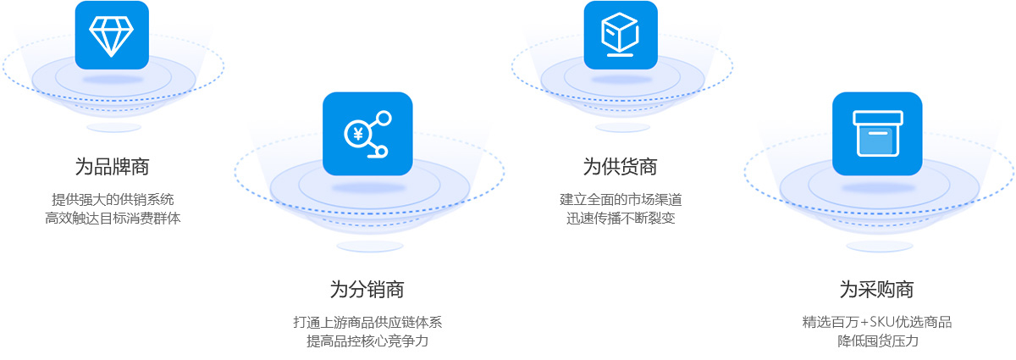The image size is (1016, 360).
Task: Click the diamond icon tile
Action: tap(112, 35)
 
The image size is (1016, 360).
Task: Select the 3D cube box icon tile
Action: tap(621, 35)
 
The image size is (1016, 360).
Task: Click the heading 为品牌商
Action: tap(112, 167)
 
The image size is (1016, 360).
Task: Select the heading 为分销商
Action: tap(367, 289)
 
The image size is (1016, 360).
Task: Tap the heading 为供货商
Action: tap(620, 167)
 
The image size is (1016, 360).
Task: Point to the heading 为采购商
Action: tap(876, 289)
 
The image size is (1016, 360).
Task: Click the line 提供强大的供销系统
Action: tap(113, 200)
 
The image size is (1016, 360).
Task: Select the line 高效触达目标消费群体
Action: tap(113, 219)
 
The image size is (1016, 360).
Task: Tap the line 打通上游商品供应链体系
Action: tap(367, 322)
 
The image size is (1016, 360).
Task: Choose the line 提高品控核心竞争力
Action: tap(367, 341)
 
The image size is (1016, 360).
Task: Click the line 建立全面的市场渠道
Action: tap(621, 200)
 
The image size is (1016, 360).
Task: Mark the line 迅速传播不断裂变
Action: tap(621, 219)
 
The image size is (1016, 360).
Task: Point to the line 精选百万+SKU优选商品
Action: tap(877, 322)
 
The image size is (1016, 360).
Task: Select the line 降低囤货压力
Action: tap(877, 341)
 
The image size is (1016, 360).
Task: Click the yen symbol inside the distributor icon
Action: tap(357, 133)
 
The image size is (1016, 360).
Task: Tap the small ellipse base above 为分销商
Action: tap(369, 246)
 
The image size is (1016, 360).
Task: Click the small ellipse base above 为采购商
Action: tap(879, 246)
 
